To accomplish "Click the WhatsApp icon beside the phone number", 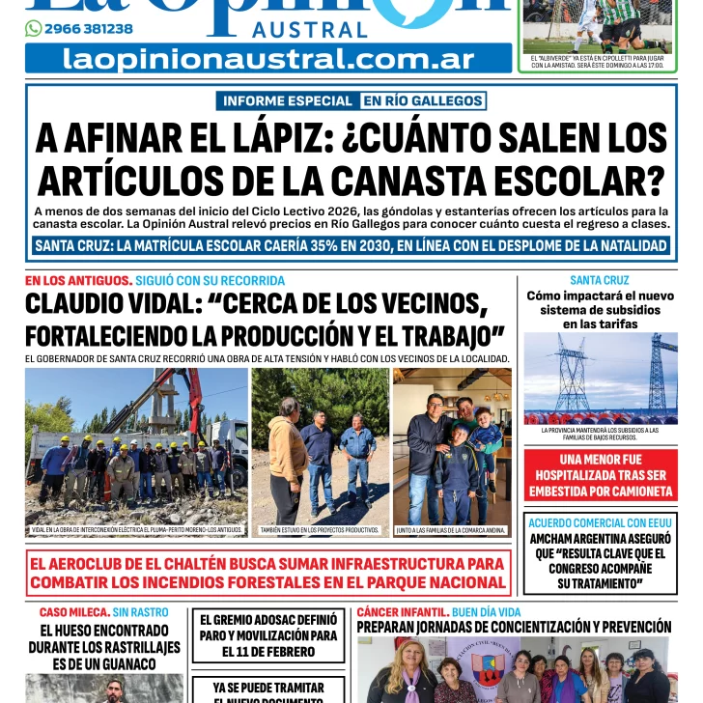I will click(33, 29).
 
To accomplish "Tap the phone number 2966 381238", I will click(89, 29).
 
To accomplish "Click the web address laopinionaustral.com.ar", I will click(268, 59).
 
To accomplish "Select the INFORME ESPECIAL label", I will click(288, 100).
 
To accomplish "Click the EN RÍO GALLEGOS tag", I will click(423, 100).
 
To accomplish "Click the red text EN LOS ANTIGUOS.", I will click(78, 281).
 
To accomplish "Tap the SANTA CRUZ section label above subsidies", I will click(600, 281).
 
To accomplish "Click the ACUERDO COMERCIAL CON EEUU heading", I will click(600, 522).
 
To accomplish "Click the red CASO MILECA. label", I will click(72, 612).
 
